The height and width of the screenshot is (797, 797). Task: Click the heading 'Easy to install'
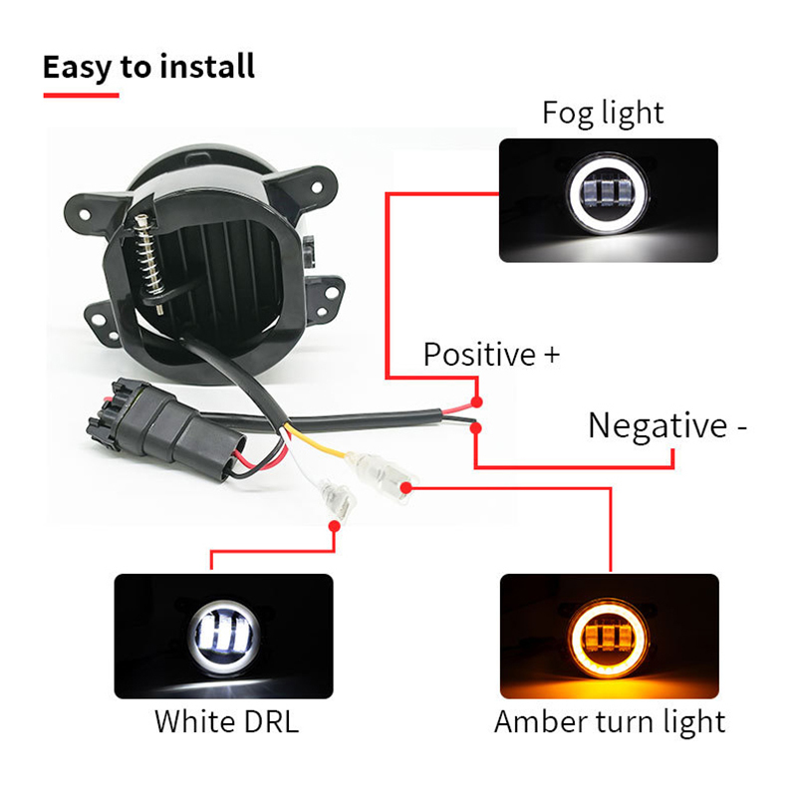[x=148, y=68]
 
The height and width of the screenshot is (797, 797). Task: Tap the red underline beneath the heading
[x=82, y=95]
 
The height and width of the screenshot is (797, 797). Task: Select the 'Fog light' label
[x=603, y=113]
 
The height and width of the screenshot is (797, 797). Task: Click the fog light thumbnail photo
[x=609, y=200]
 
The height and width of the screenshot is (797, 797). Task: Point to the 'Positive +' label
[x=491, y=355]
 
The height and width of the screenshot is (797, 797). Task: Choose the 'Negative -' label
[x=667, y=425]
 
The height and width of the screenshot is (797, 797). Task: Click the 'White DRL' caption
[x=227, y=721]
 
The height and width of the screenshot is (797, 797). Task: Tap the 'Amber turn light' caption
[x=610, y=721]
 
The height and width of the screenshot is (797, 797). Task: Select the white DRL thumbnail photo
[x=223, y=636]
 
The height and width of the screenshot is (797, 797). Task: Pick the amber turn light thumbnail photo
[x=610, y=636]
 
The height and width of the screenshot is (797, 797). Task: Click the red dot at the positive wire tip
[x=476, y=402]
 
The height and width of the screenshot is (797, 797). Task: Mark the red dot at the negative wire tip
[x=476, y=428]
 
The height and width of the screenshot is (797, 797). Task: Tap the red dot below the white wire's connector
[x=334, y=526]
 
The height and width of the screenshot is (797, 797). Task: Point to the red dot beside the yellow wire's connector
[x=405, y=488]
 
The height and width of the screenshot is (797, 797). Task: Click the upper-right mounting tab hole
[x=316, y=188]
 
